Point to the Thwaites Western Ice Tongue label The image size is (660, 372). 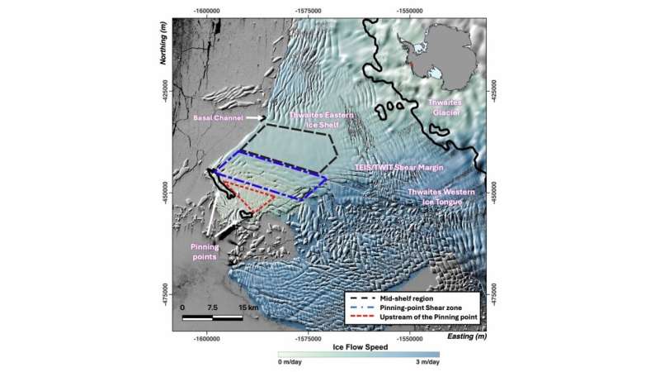(x=442, y=197)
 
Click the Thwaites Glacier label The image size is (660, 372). (x=446, y=107)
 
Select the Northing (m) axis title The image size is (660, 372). (x=163, y=69)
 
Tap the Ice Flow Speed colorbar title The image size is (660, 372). (x=359, y=347)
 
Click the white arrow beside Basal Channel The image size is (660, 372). (x=254, y=119)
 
